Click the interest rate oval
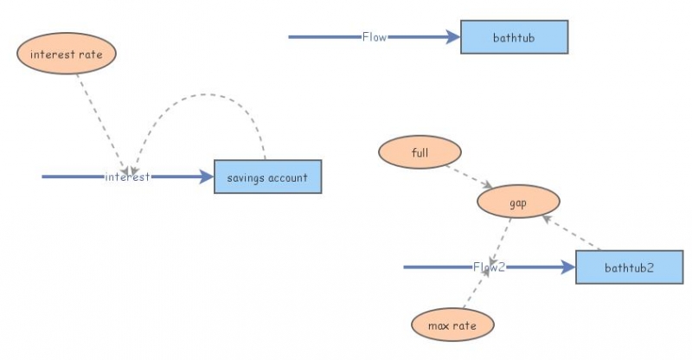66,54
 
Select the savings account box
267,177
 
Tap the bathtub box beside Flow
514,37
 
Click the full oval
420,153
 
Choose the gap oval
518,202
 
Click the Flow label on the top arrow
375,37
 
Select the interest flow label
127,177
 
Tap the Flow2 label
488,267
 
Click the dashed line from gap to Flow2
501,239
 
